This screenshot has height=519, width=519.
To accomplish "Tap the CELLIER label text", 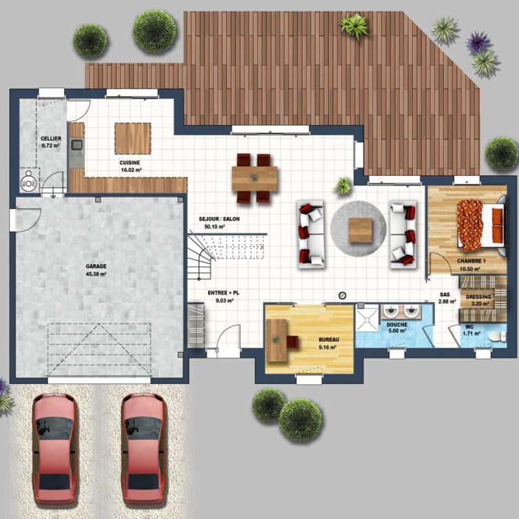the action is click(x=51, y=139).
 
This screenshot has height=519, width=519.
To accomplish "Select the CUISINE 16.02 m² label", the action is click(x=130, y=166).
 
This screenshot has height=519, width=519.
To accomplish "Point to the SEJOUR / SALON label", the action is click(x=219, y=219).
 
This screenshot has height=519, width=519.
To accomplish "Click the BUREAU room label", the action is click(x=328, y=340).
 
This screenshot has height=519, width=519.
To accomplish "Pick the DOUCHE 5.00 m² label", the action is click(x=397, y=328).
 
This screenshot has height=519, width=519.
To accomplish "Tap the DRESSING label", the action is click(x=478, y=297).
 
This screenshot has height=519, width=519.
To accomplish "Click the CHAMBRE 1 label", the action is click(x=471, y=261).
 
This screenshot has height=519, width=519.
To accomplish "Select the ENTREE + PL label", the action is click(x=224, y=293).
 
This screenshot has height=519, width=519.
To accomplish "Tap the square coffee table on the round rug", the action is click(x=360, y=230).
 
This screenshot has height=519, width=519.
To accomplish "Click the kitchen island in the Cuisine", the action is click(x=132, y=139).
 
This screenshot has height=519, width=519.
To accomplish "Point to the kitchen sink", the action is click(x=77, y=145).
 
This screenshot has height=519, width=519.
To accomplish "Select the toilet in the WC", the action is click(x=497, y=337).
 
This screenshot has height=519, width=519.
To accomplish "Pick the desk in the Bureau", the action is click(x=276, y=341).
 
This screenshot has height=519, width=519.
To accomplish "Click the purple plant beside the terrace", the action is click(x=478, y=43).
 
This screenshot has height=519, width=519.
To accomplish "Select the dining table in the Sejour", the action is click(x=255, y=178).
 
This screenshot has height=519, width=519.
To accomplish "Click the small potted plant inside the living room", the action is click(x=343, y=185).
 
